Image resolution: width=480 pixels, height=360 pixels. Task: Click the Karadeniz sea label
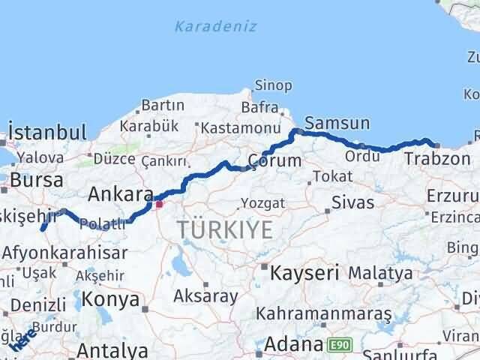[x=215, y=27]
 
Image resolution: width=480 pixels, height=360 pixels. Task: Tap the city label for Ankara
[x=120, y=195]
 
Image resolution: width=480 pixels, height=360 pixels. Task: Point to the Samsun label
[x=337, y=123]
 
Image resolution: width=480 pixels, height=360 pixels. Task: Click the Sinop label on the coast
[x=273, y=85]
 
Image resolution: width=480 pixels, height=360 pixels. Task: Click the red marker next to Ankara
[x=158, y=202]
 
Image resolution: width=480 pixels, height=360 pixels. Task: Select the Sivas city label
[x=352, y=202]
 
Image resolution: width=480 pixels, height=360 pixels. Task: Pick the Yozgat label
[x=262, y=203]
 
